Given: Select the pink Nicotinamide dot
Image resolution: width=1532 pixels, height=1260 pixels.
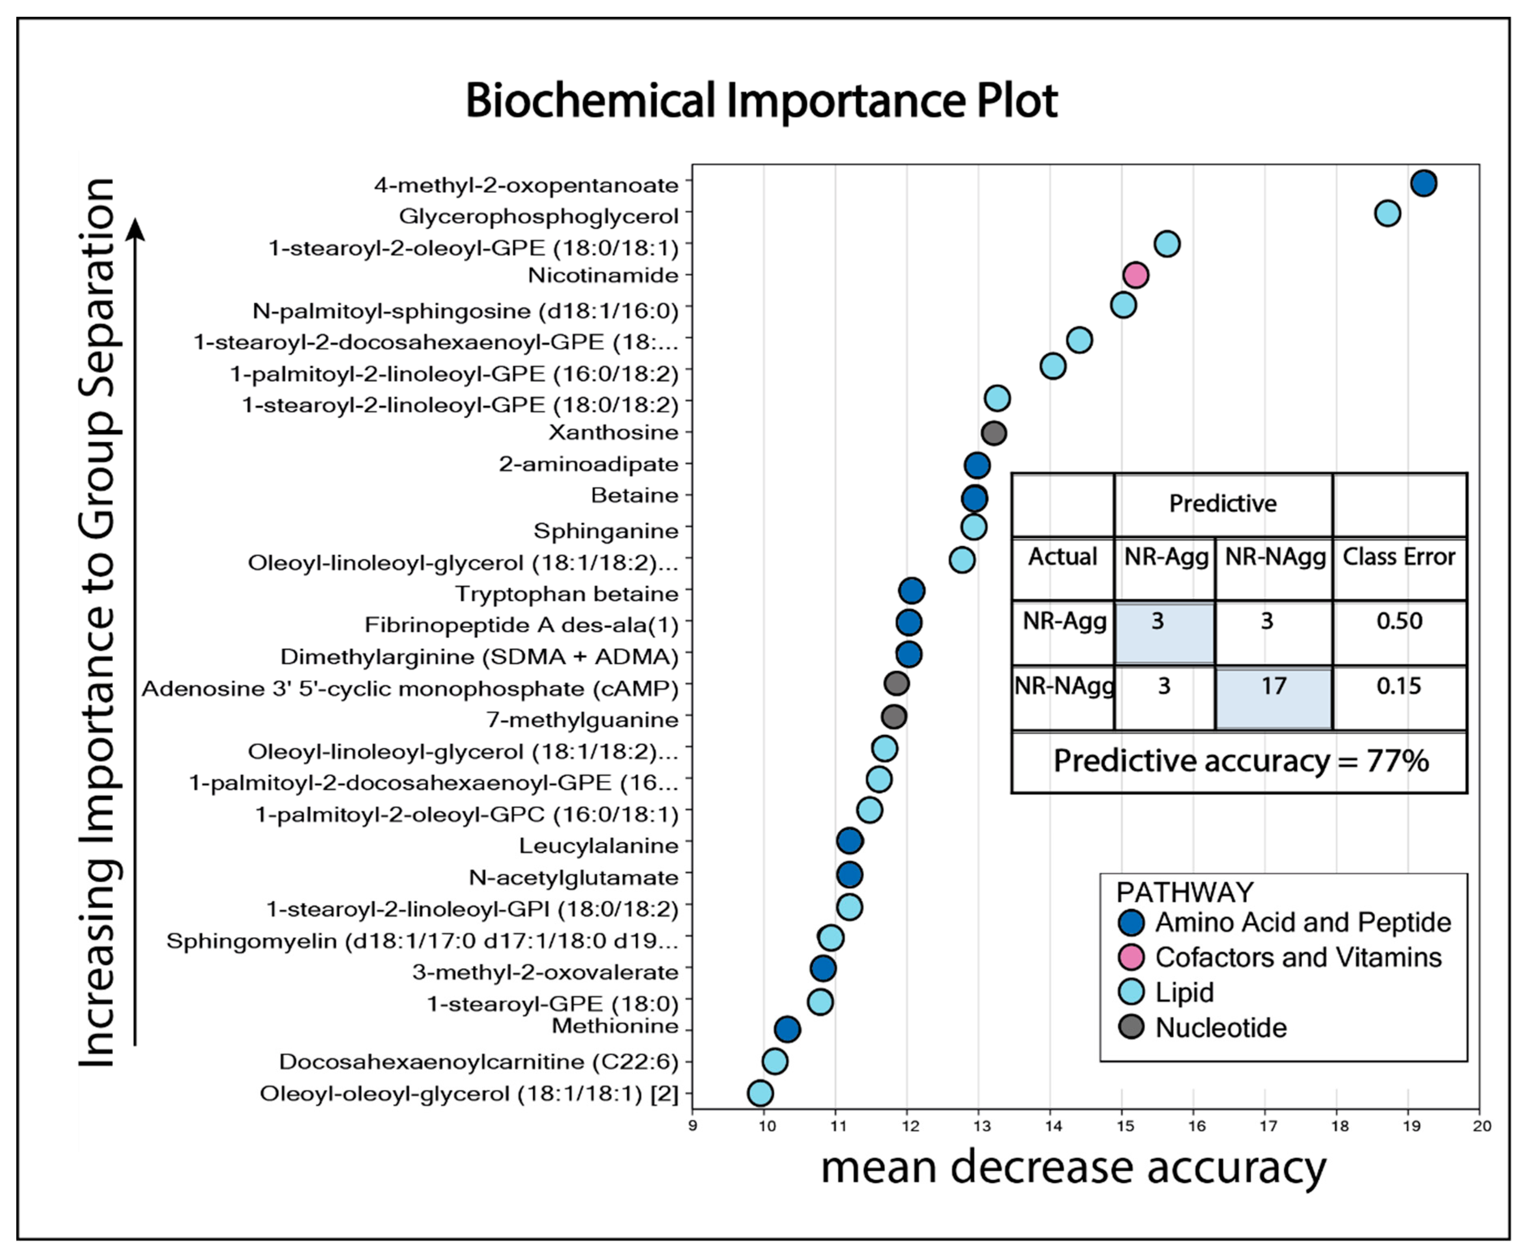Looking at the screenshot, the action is [x=1135, y=275].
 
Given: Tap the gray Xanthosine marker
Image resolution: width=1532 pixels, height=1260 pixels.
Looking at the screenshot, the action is [x=994, y=433].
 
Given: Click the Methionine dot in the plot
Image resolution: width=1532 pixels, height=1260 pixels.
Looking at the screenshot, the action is [x=787, y=1029].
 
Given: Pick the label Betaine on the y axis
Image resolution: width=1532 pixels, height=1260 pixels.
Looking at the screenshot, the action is [x=635, y=496].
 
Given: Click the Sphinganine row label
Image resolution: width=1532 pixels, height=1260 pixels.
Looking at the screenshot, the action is [x=606, y=531].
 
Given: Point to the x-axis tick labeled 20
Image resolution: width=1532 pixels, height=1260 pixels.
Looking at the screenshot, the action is [x=1481, y=1126].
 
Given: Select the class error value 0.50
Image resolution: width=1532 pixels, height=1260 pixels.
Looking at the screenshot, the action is [x=1399, y=621].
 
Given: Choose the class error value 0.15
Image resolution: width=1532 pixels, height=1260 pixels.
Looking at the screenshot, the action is [x=1399, y=686].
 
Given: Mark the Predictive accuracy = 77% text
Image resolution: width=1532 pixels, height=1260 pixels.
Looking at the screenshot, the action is [x=1241, y=761].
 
